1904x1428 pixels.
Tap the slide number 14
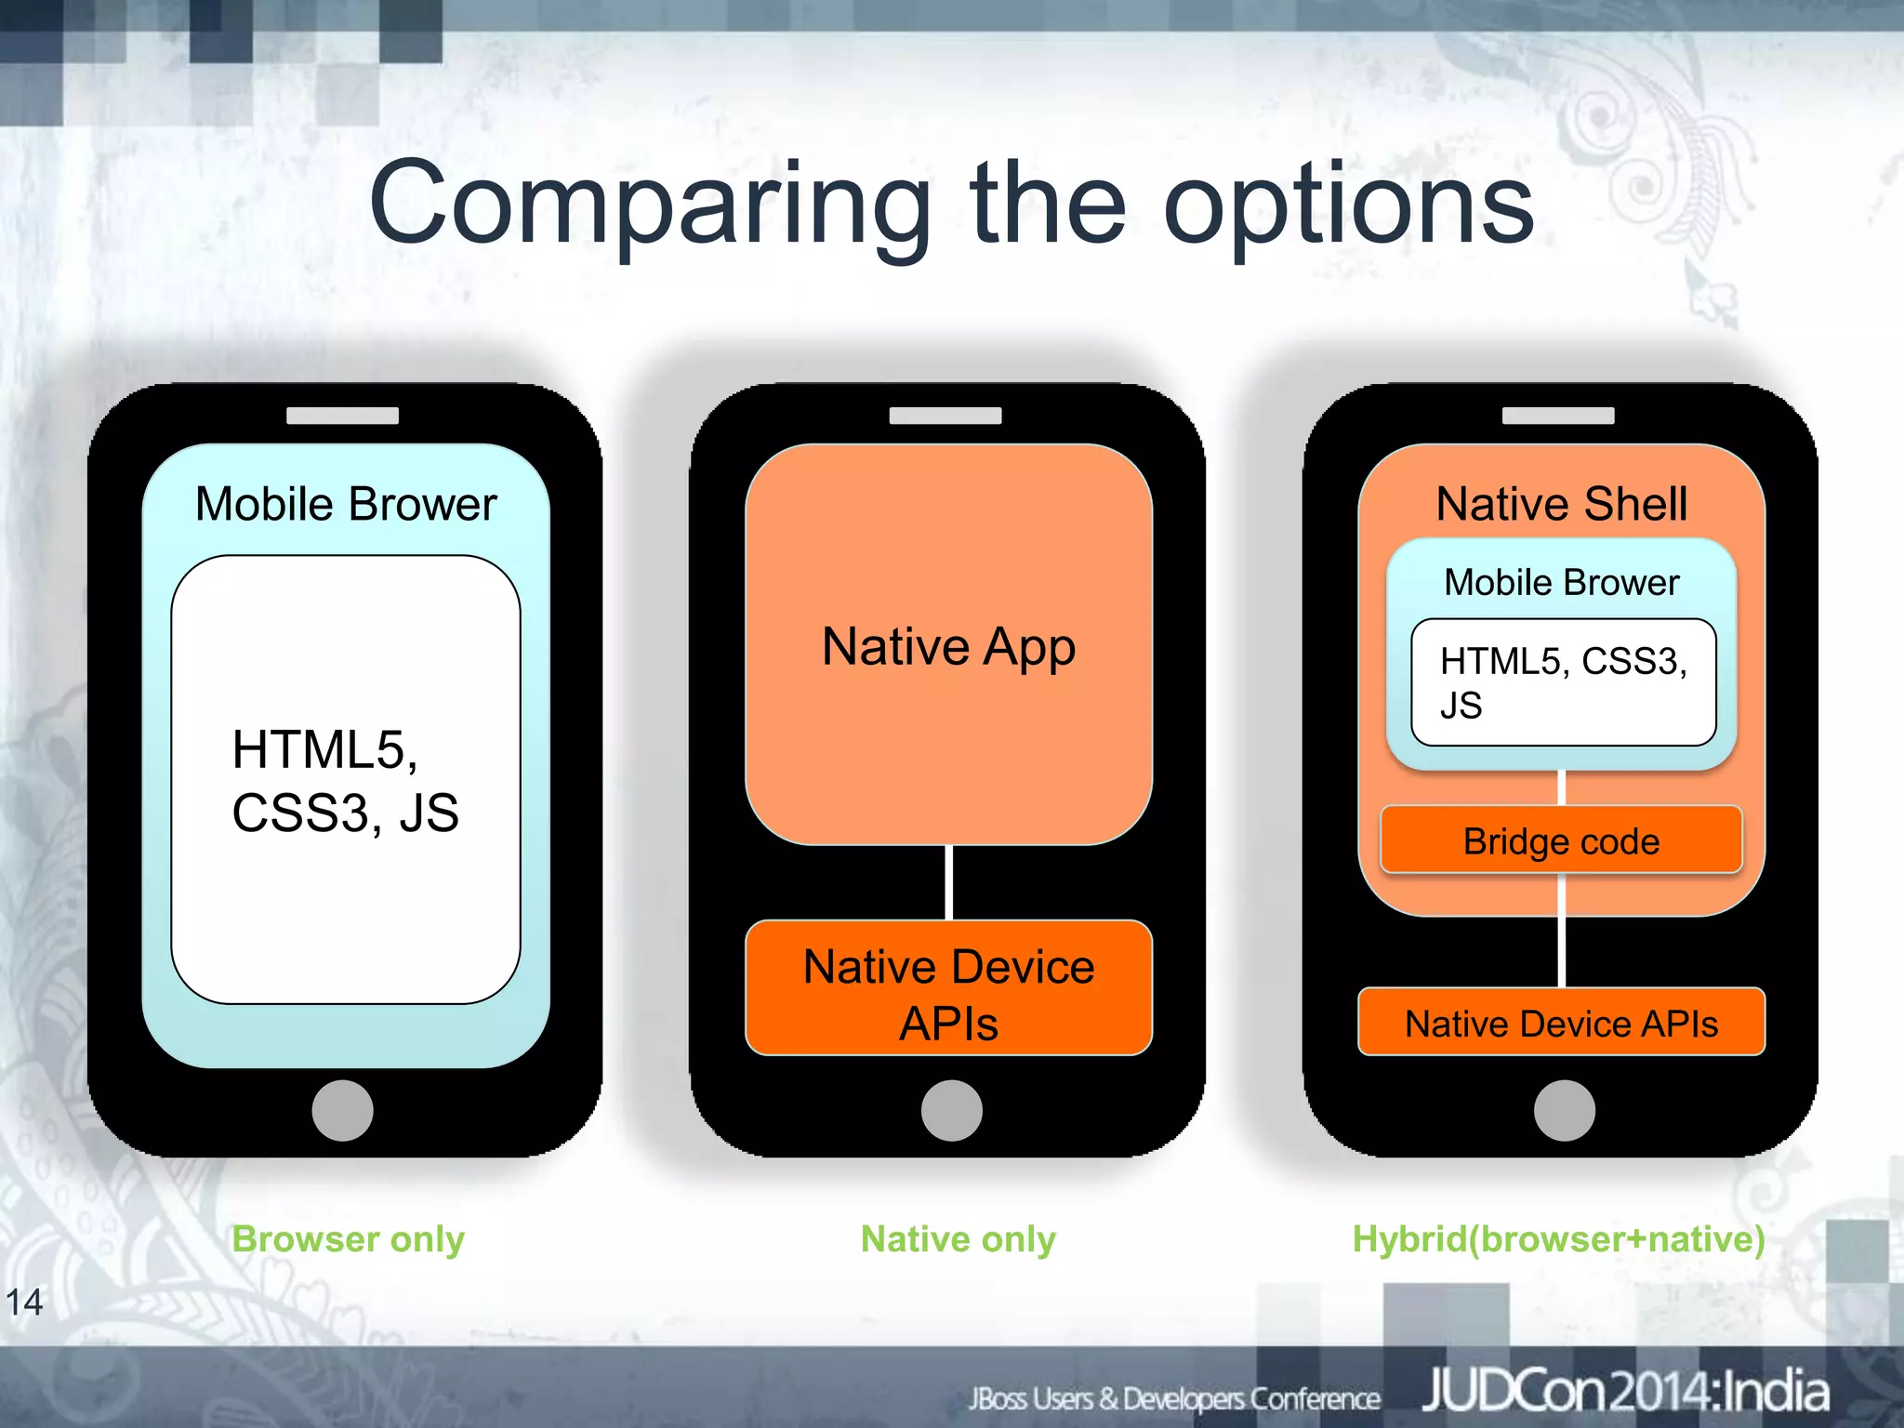(24, 1302)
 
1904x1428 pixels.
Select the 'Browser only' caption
(348, 1239)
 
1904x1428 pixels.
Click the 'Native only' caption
(958, 1239)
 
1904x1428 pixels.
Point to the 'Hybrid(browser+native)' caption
(1558, 1239)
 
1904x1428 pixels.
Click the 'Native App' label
(948, 647)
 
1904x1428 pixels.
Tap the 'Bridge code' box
(1561, 841)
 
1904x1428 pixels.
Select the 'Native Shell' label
(1561, 505)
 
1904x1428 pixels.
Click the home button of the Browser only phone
(342, 1110)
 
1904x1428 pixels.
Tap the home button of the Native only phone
(951, 1110)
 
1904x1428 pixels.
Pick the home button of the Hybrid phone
(1564, 1110)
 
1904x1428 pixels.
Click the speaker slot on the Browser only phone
(342, 416)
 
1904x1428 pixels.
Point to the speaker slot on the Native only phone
(945, 416)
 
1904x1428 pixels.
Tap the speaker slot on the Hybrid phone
(1558, 416)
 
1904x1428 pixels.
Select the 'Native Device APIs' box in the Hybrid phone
(1561, 1023)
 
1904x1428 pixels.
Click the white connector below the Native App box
(948, 882)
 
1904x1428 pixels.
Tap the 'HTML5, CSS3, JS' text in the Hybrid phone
(1563, 682)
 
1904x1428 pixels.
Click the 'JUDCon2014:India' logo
(1625, 1393)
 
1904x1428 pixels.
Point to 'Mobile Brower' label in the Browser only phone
(346, 505)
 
